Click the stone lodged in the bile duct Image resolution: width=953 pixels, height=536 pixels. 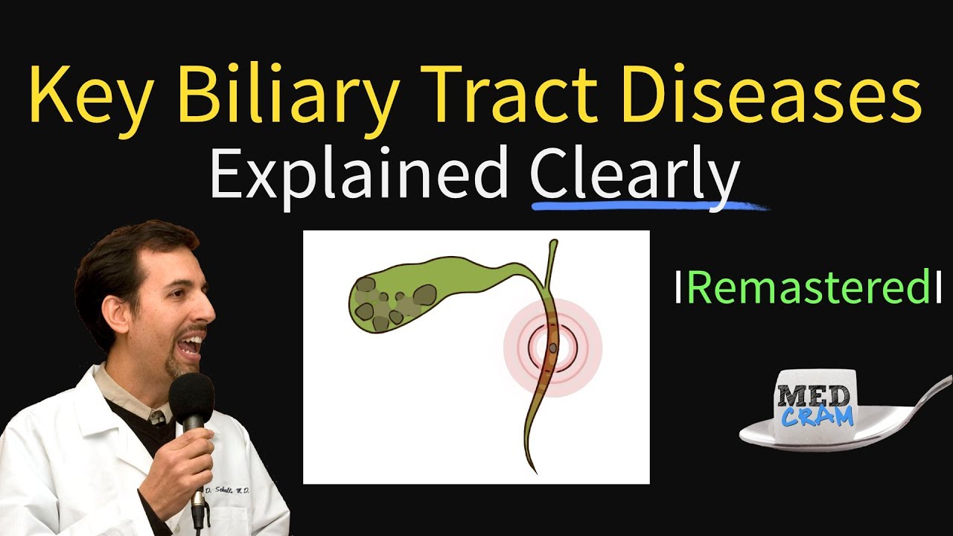(x=554, y=347)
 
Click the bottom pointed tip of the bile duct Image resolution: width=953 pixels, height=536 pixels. (x=533, y=470)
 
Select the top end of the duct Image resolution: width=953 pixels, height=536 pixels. (x=552, y=243)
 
